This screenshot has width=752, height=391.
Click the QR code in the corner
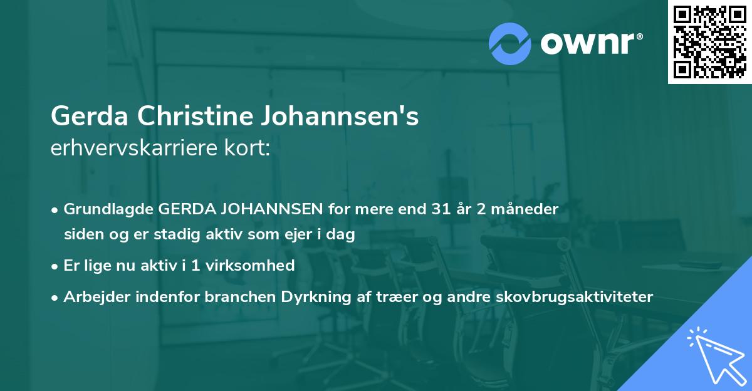709,41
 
